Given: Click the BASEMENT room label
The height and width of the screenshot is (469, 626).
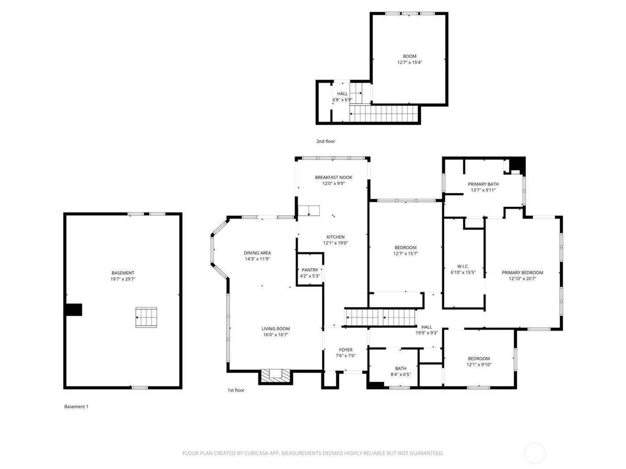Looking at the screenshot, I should pyautogui.click(x=123, y=273).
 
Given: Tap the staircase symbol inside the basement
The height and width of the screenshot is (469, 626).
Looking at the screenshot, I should pyautogui.click(x=146, y=317).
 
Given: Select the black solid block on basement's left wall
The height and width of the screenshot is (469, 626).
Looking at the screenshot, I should pyautogui.click(x=74, y=310).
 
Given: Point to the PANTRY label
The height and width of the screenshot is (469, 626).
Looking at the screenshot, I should pyautogui.click(x=310, y=270).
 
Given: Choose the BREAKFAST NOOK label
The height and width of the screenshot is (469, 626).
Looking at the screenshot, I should pyautogui.click(x=333, y=177).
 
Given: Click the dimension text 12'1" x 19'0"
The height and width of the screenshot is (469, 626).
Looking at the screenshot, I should pyautogui.click(x=335, y=243).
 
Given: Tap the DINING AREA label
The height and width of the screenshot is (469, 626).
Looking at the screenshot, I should pyautogui.click(x=257, y=253).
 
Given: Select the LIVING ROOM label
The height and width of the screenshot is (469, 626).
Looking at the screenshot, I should pyautogui.click(x=276, y=329).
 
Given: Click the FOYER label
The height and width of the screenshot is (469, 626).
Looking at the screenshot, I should pyautogui.click(x=346, y=350).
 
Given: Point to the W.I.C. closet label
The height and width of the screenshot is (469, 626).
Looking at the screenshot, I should pyautogui.click(x=463, y=266).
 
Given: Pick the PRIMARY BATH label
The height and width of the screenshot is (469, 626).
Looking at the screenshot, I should pyautogui.click(x=483, y=184).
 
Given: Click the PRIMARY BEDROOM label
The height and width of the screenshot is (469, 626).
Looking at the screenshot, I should pyautogui.click(x=522, y=272).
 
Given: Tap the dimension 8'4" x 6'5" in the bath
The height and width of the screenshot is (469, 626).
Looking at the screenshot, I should pyautogui.click(x=401, y=374).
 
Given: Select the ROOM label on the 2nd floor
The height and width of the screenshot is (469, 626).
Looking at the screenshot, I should pyautogui.click(x=410, y=56).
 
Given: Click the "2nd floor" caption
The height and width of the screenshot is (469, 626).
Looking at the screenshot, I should pyautogui.click(x=326, y=141).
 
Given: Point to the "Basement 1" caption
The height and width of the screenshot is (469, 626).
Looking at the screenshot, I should pyautogui.click(x=76, y=406).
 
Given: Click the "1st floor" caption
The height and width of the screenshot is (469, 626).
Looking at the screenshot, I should pyautogui.click(x=236, y=390).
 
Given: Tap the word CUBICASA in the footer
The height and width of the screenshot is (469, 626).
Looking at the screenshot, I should pyautogui.click(x=256, y=453).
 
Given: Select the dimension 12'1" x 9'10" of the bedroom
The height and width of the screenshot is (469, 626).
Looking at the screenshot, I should pyautogui.click(x=479, y=364).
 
